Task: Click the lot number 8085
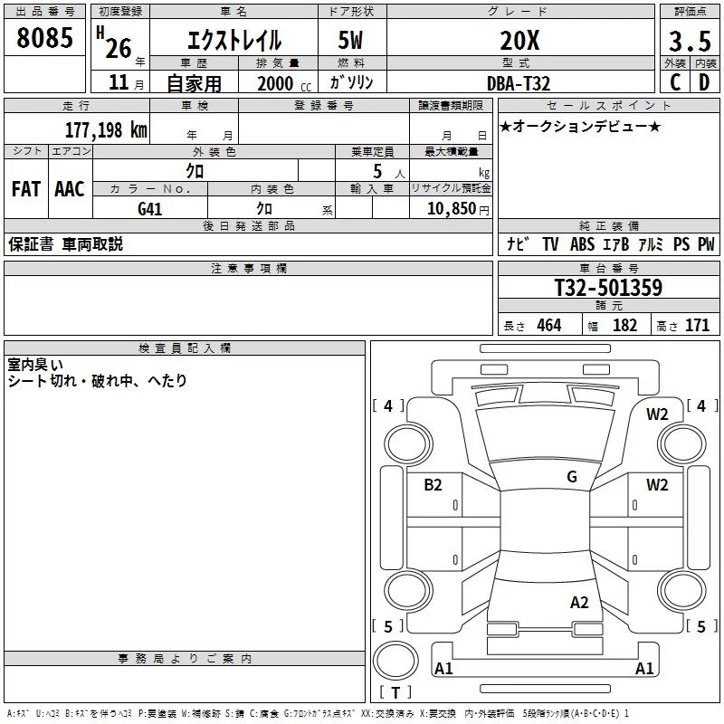[x=44, y=37]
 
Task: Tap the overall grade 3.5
[x=690, y=41]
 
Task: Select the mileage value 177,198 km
[x=106, y=129]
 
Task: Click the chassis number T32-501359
[x=608, y=287]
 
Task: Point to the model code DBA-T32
[x=519, y=83]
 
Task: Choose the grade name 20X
[x=519, y=41]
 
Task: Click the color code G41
[x=149, y=209]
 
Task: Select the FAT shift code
[x=26, y=189]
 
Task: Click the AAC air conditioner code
[x=70, y=189]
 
